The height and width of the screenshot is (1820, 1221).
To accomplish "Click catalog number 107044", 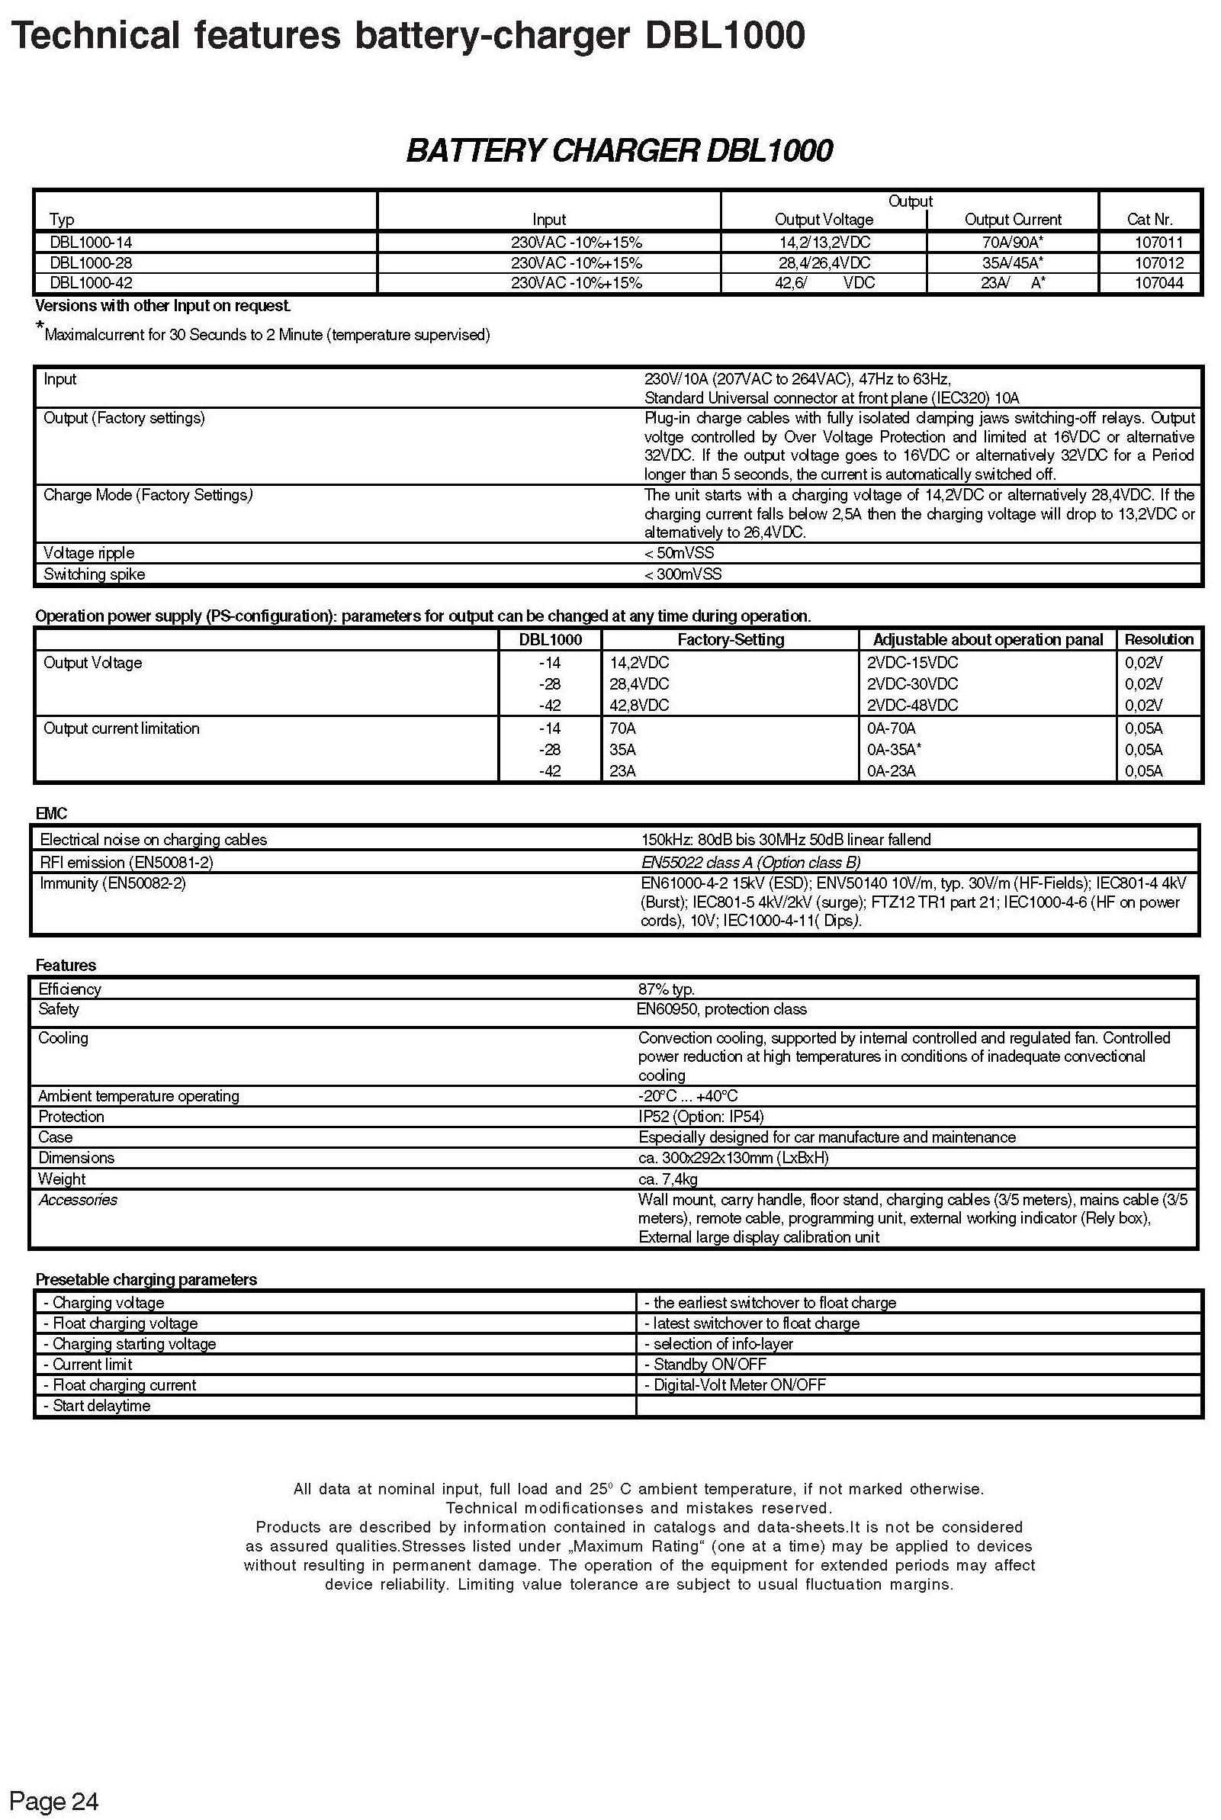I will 1158,283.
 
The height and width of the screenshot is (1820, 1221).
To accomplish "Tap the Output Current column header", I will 1012,220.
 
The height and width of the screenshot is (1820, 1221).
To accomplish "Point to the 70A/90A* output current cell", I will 1012,243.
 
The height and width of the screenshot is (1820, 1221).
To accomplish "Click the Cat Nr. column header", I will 1149,220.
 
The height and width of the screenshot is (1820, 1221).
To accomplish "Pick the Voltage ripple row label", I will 88,553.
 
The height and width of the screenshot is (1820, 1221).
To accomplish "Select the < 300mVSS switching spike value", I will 683,574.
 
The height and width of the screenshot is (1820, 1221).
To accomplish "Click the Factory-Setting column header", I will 731,639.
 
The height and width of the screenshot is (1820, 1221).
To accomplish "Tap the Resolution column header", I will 1158,639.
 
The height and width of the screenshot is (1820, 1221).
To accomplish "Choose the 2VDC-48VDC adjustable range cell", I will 912,705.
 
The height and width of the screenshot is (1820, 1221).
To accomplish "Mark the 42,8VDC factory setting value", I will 638,705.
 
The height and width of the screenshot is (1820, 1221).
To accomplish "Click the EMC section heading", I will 51,813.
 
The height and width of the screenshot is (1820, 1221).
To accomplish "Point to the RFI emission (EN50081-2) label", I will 126,862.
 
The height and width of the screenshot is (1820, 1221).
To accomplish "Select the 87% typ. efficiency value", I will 667,989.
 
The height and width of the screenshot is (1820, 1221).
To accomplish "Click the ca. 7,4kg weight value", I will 667,1178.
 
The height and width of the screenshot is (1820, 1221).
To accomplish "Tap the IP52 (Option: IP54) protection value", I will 701,1116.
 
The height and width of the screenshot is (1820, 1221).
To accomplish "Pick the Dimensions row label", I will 76,1157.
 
